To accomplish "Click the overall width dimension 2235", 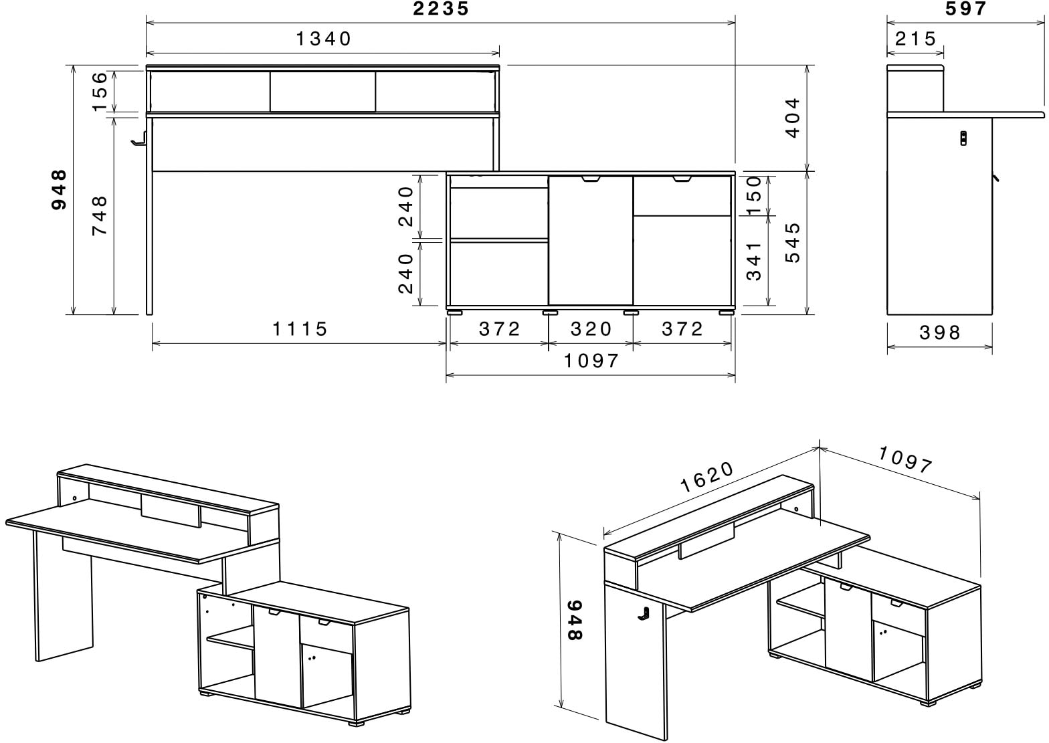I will click(441, 9).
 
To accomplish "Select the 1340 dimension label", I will click(324, 39).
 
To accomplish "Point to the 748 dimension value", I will click(99, 215).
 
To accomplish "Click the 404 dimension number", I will click(792, 118).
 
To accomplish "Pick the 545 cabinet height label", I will click(792, 242).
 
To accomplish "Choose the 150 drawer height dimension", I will click(754, 195).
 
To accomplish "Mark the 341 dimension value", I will click(754, 261).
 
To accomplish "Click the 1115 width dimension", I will click(300, 329).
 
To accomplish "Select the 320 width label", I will click(591, 329).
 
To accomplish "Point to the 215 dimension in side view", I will click(916, 39).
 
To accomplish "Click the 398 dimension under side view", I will click(940, 332).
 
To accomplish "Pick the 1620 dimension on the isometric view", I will click(706, 477).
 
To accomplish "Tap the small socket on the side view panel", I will click(963, 137).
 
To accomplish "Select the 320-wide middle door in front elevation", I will click(591, 241).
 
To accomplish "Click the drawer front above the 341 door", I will click(682, 196).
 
